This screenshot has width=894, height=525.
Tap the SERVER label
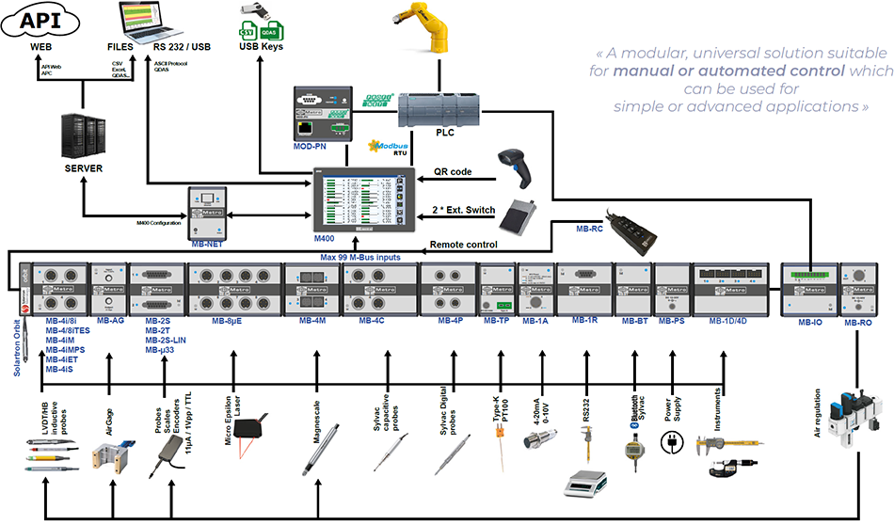(x=84, y=169)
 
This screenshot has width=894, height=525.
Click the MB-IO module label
(x=811, y=323)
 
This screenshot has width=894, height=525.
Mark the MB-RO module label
(x=858, y=323)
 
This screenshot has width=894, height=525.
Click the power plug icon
(x=673, y=441)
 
